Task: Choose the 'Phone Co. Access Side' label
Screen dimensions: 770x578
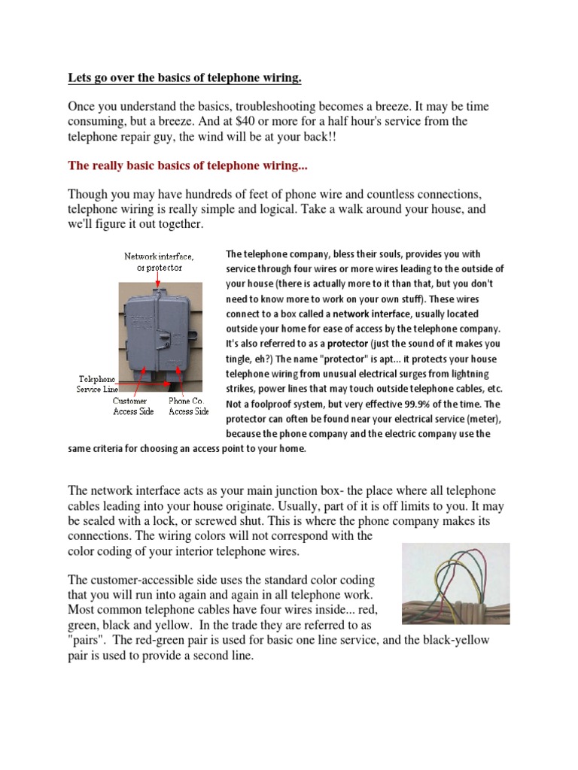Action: pos(188,406)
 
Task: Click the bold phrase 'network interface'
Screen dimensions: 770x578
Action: pos(365,313)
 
